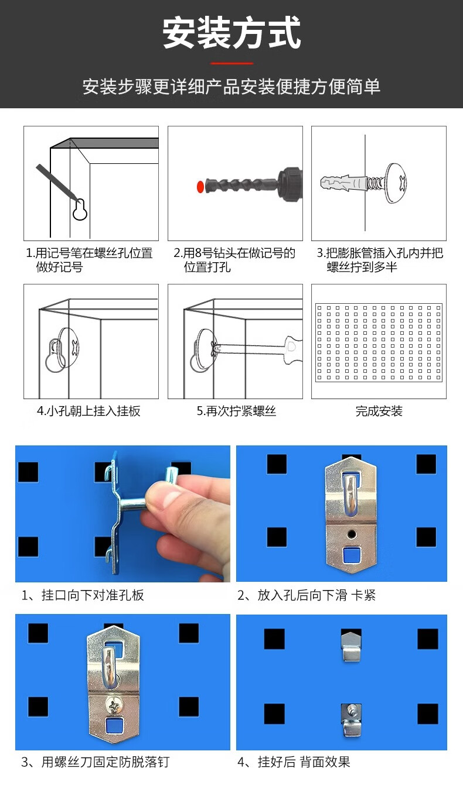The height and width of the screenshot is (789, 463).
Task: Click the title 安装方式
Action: click(231, 33)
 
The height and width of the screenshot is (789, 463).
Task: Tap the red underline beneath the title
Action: click(231, 63)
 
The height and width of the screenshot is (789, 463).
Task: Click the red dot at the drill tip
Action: click(200, 186)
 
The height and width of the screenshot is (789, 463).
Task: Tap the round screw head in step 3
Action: click(396, 183)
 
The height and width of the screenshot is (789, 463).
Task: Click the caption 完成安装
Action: click(379, 411)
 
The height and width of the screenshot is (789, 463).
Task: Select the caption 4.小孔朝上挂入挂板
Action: click(88, 411)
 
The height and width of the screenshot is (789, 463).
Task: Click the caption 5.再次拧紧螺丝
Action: click(236, 411)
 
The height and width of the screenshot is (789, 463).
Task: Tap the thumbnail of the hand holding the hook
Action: click(122, 513)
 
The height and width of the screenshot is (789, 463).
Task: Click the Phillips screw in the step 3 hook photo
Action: click(113, 706)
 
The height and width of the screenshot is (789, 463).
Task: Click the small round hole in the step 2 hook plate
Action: click(351, 534)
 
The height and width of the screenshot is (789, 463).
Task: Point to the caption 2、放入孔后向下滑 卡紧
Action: click(307, 595)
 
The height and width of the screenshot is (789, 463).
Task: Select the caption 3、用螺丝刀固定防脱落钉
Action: click(95, 762)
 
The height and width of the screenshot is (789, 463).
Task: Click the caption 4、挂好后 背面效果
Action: click(294, 762)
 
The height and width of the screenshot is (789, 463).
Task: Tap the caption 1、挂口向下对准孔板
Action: click(83, 595)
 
